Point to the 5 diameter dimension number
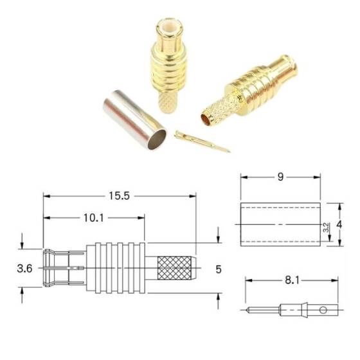tap(218, 269)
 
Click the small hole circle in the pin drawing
tap(323, 310)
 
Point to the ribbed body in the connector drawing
tap(119, 266)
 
